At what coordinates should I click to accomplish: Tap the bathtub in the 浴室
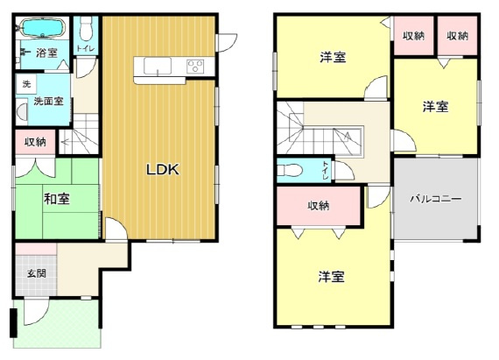click(x=39, y=29)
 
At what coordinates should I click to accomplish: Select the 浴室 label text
click(x=47, y=53)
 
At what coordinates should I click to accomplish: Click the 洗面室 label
click(x=48, y=102)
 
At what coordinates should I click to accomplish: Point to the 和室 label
click(x=57, y=200)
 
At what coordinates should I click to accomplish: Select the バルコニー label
click(x=436, y=199)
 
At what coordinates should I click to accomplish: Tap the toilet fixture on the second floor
click(x=291, y=169)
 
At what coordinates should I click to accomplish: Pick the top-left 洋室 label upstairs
click(x=332, y=58)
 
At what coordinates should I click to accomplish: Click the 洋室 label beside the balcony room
click(x=435, y=107)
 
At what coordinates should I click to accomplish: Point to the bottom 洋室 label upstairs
click(x=331, y=278)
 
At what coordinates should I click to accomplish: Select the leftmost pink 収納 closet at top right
click(x=413, y=36)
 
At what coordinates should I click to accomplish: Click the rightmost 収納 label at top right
click(x=457, y=36)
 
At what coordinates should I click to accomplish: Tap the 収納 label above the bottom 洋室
click(x=318, y=206)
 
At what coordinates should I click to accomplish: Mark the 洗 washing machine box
click(x=25, y=84)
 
